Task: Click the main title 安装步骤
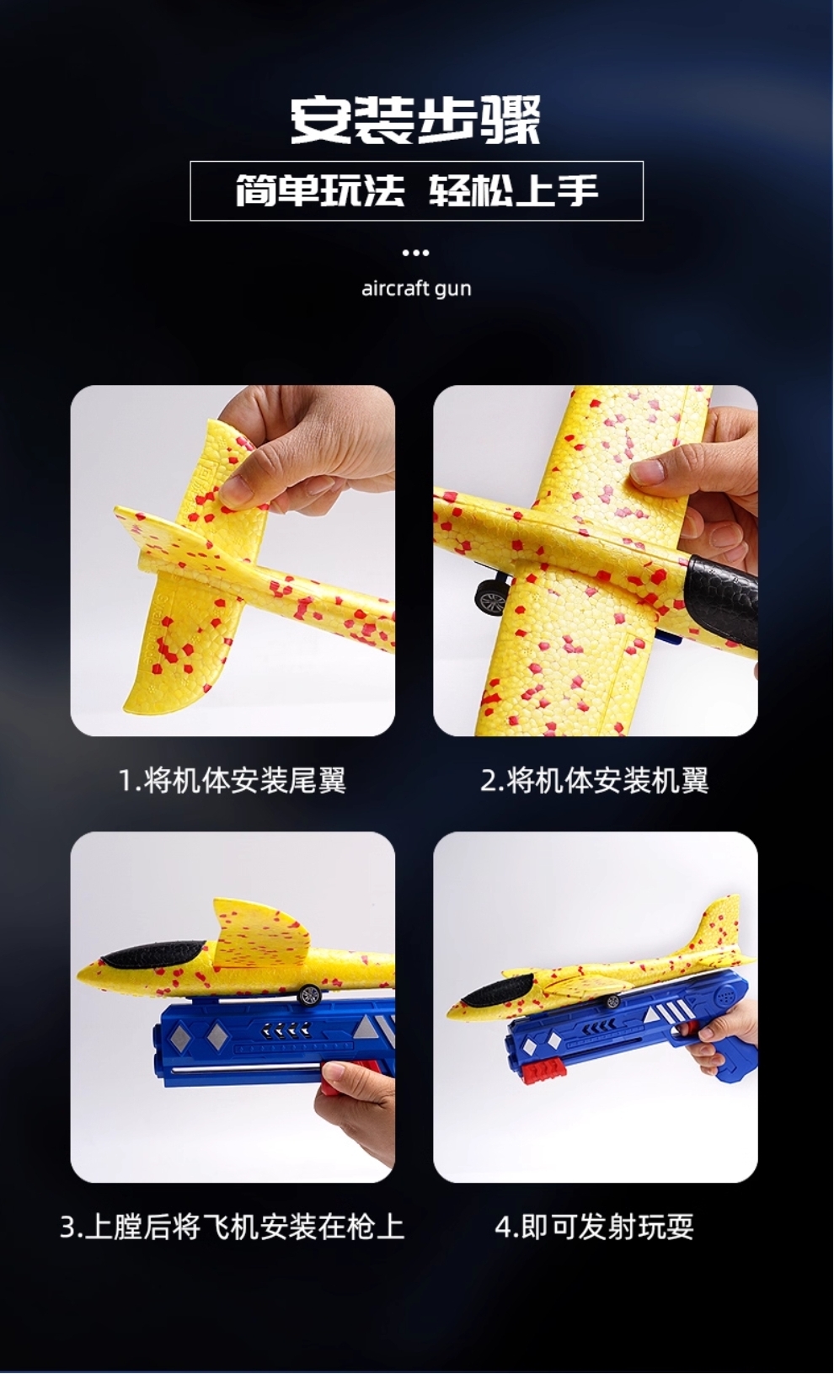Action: pyautogui.click(x=415, y=120)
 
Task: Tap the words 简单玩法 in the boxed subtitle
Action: pyautogui.click(x=320, y=191)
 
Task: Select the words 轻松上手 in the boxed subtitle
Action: pyautogui.click(x=514, y=191)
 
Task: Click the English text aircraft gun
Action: pyautogui.click(x=416, y=289)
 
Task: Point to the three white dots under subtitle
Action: pyautogui.click(x=415, y=253)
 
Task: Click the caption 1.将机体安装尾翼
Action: pyautogui.click(x=233, y=781)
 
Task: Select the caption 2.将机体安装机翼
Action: pyautogui.click(x=595, y=781)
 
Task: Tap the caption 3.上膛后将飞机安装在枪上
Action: pyautogui.click(x=233, y=1227)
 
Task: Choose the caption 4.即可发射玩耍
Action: pyautogui.click(x=595, y=1227)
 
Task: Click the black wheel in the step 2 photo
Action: pyautogui.click(x=489, y=601)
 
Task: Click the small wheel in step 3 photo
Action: pyautogui.click(x=309, y=994)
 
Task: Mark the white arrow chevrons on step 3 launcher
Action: pyautogui.click(x=286, y=1027)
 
